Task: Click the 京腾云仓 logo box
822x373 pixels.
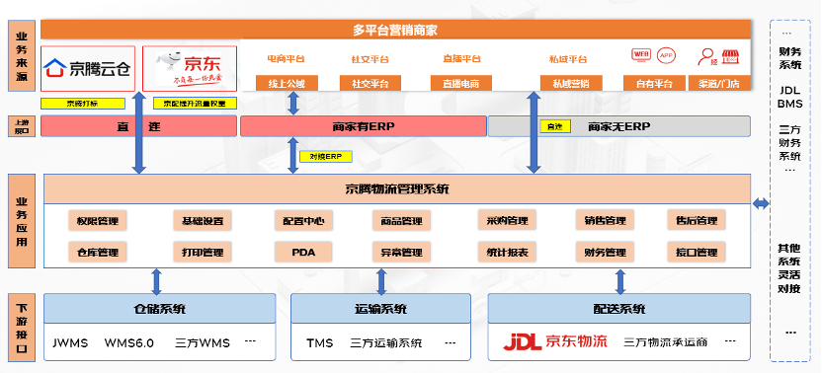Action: click(88, 67)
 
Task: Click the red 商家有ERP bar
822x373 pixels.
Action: click(363, 126)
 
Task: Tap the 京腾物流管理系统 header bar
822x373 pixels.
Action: click(396, 189)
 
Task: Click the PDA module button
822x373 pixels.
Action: click(302, 253)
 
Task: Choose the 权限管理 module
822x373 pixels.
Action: click(97, 220)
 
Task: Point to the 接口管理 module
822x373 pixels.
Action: click(695, 253)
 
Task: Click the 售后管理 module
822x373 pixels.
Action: click(695, 220)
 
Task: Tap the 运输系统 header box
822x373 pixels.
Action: click(380, 309)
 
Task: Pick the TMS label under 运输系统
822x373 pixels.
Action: click(319, 343)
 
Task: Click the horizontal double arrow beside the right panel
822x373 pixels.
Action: click(761, 204)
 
